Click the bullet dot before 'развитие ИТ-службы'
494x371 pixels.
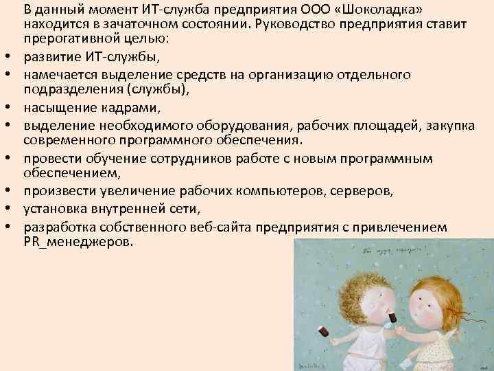(12, 56)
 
